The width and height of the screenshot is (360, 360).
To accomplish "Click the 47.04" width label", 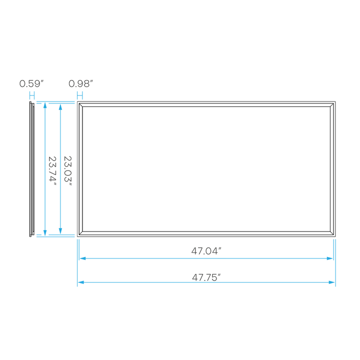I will (206, 251).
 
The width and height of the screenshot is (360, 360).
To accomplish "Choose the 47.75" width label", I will (206, 275).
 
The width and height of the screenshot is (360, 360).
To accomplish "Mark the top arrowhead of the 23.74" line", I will (45, 105).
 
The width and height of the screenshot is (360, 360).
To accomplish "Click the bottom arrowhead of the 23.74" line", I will (45, 232).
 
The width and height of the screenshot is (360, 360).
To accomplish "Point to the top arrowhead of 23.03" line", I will (60, 106).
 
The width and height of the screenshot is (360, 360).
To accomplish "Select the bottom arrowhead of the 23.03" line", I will (60, 231).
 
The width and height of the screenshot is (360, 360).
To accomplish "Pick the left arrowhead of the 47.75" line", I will (80, 282).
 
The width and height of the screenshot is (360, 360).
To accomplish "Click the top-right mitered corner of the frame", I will (333, 103).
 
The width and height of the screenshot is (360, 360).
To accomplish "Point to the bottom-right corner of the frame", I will (333, 233).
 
